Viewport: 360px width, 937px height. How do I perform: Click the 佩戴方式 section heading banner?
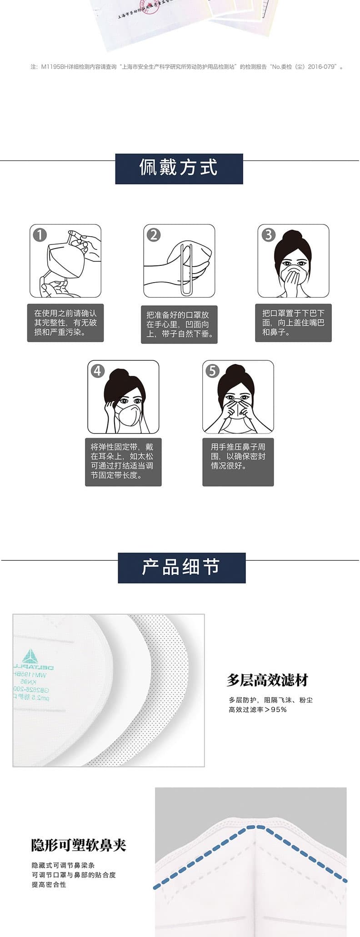coord(179,169)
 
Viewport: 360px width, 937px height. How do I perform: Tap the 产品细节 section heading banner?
coord(181,568)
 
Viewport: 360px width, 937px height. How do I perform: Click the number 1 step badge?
coord(40,235)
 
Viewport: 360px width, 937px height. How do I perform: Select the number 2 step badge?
coord(154,235)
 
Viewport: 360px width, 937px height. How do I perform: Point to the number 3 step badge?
coord(268,235)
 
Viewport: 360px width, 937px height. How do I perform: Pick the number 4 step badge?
coord(98,371)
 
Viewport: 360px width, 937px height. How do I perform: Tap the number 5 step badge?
coord(212,371)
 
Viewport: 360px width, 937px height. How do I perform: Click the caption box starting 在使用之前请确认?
coord(65,323)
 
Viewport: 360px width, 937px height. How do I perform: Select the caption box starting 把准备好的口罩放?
coord(179,324)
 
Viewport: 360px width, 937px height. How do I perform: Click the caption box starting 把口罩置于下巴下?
coord(293,323)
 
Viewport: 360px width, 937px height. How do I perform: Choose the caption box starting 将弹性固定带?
coord(123,462)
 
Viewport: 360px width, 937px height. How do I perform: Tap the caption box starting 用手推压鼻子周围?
coord(238,462)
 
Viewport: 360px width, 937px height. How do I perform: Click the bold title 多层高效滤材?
coord(267,680)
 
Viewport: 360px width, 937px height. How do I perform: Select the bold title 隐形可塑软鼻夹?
coord(79,845)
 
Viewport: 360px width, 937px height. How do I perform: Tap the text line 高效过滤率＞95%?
coord(258,709)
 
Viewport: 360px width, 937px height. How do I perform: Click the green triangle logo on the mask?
coord(30,657)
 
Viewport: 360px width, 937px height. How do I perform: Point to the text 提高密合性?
coord(49,884)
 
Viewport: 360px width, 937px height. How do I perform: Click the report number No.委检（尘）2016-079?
coord(304,67)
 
